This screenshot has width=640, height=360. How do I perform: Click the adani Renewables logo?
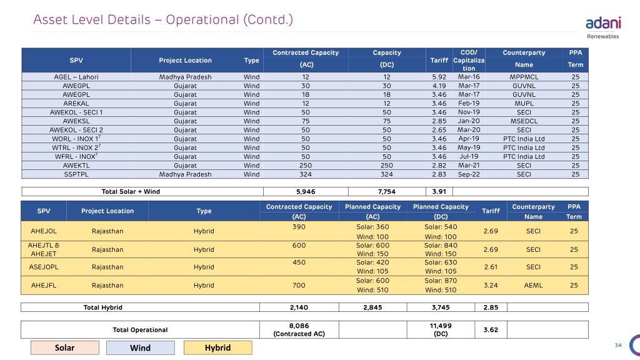click(603, 27)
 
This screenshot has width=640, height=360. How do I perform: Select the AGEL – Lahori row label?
click(76, 77)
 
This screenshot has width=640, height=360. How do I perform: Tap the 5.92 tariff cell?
click(439, 77)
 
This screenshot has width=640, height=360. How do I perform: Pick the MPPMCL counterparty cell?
click(524, 77)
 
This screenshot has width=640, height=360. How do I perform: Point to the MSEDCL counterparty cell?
click(524, 121)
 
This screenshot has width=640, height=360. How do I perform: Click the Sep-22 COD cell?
click(469, 174)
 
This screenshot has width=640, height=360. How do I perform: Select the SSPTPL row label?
click(76, 174)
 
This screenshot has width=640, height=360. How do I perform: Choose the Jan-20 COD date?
click(469, 121)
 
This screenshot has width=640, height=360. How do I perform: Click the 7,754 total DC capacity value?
click(386, 191)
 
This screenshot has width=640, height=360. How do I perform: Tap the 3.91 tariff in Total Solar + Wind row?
click(439, 191)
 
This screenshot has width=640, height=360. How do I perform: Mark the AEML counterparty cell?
click(533, 285)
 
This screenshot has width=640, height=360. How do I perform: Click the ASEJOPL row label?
click(44, 267)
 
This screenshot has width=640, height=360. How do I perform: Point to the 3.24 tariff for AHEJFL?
click(491, 285)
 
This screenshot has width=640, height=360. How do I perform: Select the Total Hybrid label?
click(103, 307)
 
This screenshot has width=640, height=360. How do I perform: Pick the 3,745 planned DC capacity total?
click(441, 307)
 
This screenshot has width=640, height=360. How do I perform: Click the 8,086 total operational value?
click(299, 326)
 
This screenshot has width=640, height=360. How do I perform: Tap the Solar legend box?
click(65, 347)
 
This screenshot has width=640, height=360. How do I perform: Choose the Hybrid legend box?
click(218, 347)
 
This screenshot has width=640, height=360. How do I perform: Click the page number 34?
click(618, 345)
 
